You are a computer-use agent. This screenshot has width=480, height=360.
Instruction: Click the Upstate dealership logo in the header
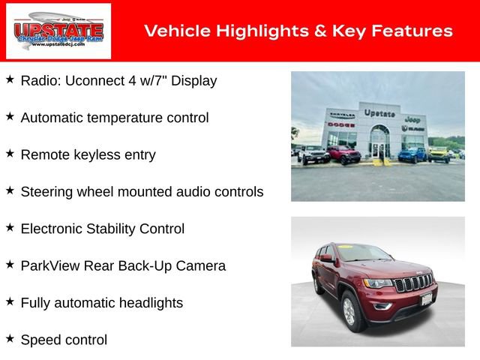[x=58, y=31]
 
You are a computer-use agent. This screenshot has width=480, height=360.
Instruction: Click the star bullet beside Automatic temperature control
[x=10, y=117]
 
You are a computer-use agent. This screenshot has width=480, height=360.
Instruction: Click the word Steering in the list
[x=46, y=191]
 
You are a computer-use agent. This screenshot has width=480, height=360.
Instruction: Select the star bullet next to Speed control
[x=10, y=339]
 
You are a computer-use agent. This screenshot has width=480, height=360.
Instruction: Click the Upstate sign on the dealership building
[x=379, y=112]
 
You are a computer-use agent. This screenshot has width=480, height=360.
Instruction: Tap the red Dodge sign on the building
[x=340, y=124]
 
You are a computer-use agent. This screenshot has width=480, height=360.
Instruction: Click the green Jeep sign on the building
[x=412, y=118]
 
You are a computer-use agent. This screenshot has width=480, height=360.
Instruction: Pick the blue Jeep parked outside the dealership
[x=411, y=154]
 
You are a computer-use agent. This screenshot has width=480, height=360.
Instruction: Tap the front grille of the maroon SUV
[x=413, y=284]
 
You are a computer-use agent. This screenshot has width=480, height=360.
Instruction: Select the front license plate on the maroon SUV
[x=427, y=300]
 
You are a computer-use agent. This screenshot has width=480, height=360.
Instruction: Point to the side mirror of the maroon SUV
[x=326, y=259]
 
